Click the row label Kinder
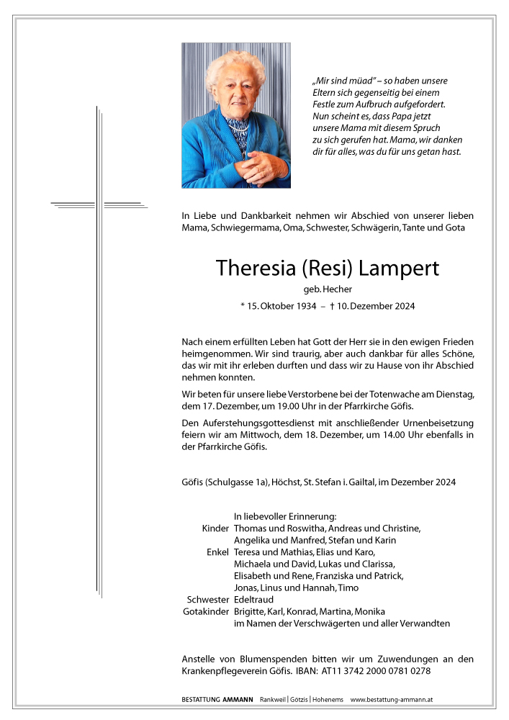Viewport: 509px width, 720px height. point(215,528)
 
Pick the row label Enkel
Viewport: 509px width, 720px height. point(217,552)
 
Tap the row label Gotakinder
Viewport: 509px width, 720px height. point(207,611)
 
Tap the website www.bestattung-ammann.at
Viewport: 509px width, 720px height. point(391,700)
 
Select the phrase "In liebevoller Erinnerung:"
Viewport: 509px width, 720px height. point(285,516)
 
